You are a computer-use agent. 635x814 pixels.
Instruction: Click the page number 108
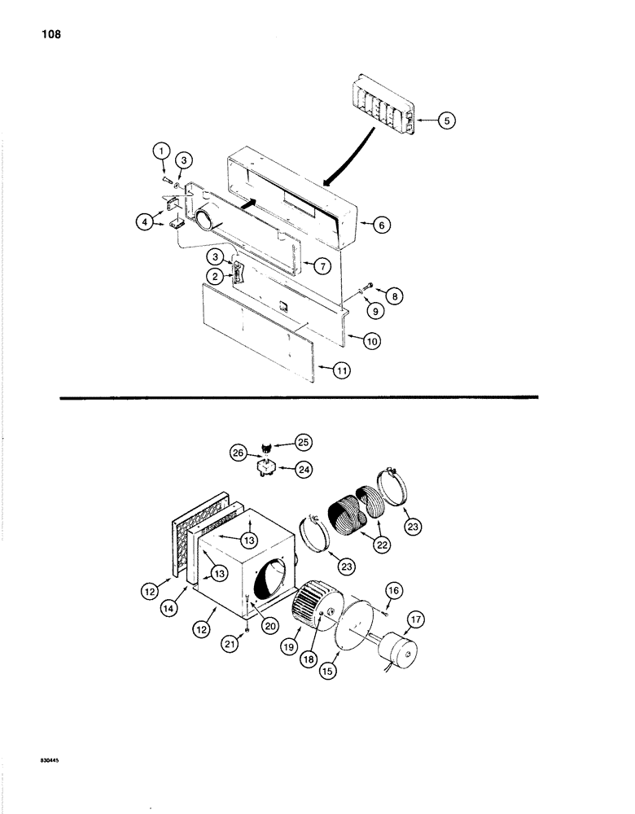tap(48, 35)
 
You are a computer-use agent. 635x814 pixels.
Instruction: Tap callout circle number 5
tap(447, 120)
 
